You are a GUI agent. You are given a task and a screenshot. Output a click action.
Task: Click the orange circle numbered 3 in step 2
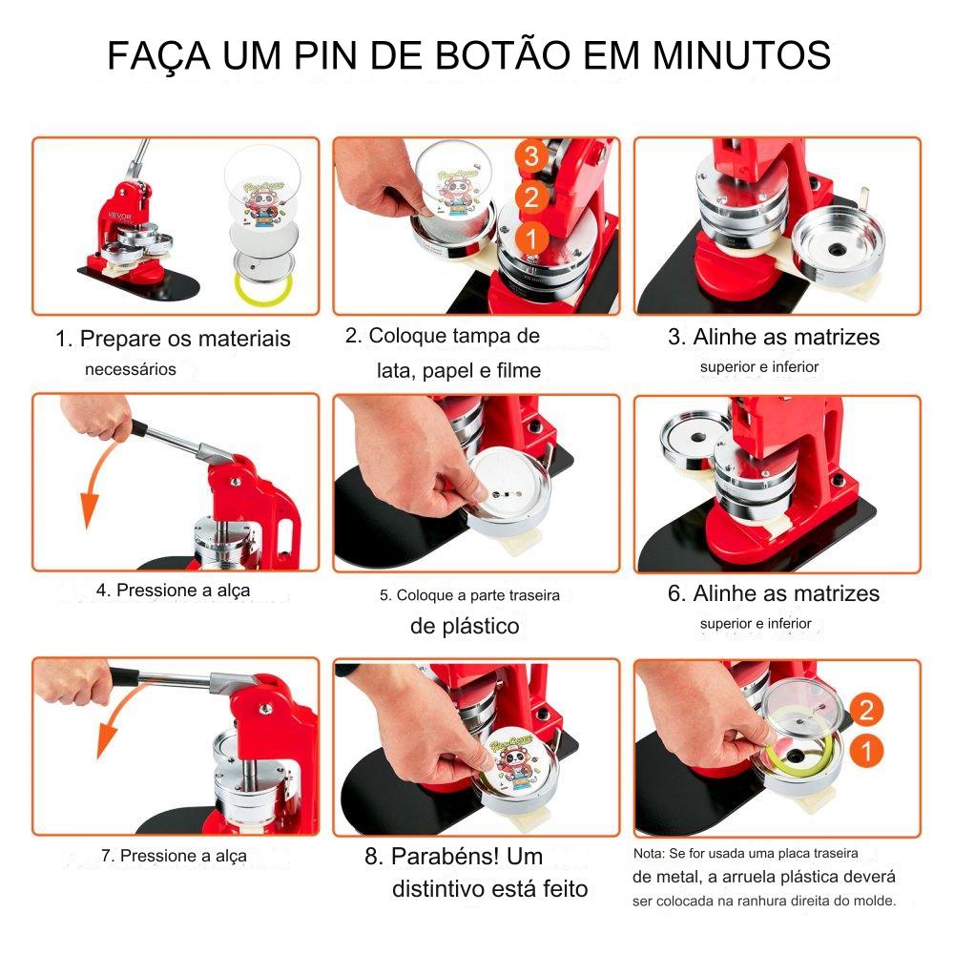(x=531, y=156)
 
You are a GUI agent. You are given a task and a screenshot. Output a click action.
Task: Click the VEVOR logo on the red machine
(x=120, y=216)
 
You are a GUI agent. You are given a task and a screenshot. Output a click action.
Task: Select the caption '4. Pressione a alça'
(x=173, y=591)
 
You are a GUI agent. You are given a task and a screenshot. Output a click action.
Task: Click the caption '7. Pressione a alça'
(x=174, y=856)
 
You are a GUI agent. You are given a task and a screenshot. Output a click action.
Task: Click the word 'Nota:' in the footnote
(x=649, y=853)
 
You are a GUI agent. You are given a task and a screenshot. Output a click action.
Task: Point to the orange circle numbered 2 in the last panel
(x=866, y=710)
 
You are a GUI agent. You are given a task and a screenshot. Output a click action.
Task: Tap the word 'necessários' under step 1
(x=130, y=369)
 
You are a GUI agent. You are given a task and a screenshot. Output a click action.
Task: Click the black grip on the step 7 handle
(x=124, y=675)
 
